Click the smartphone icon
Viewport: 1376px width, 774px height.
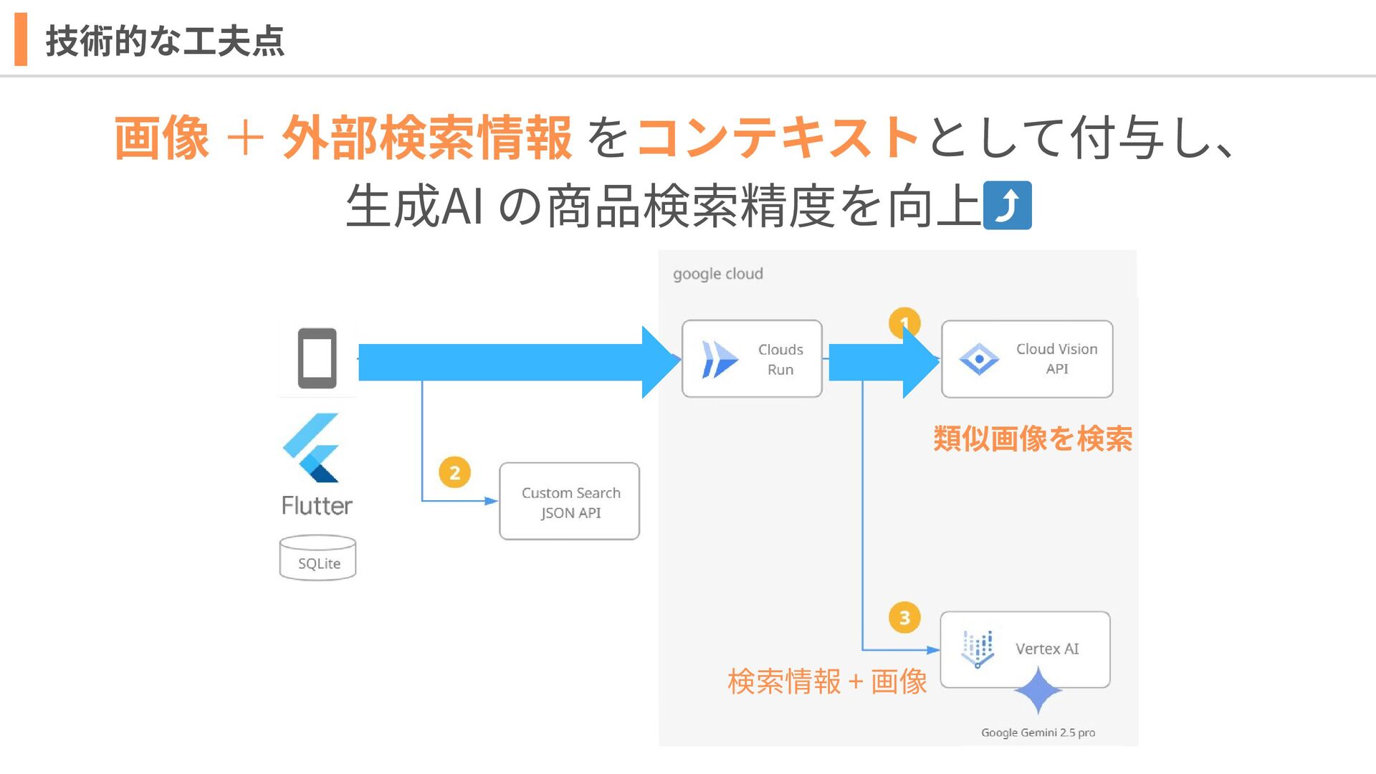317,358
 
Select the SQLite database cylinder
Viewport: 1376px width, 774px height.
317,558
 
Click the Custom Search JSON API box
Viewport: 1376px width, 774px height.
570,502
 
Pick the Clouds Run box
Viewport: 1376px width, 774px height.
752,359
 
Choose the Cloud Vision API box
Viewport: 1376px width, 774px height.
1027,359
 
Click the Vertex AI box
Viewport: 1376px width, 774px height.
1025,649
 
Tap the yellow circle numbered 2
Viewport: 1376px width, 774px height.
454,473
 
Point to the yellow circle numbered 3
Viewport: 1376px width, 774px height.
904,618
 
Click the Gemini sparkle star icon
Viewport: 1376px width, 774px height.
1038,691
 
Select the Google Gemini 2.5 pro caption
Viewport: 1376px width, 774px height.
1038,732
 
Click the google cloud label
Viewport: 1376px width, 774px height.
718,274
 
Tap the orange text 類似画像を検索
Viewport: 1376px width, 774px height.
1033,439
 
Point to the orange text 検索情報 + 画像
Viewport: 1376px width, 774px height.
827,682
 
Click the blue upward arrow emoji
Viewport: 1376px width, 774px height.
1007,206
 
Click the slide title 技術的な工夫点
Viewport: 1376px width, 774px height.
165,41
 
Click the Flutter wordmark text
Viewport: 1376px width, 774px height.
317,506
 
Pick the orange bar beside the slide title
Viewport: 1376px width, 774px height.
21,39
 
